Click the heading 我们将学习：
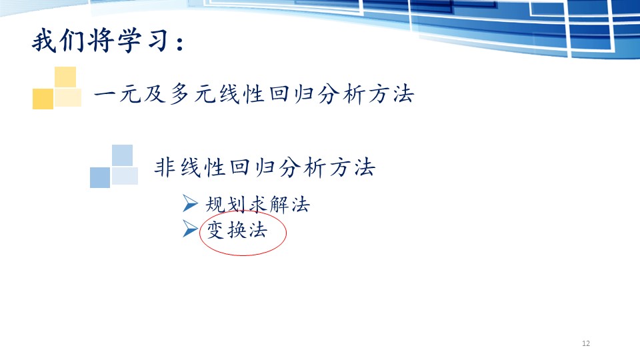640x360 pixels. tap(109, 41)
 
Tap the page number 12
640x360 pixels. tap(586, 343)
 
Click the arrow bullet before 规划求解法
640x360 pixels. tap(190, 203)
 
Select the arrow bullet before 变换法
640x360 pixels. tap(190, 229)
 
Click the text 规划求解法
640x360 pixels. tap(257, 205)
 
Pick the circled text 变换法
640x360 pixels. tap(237, 230)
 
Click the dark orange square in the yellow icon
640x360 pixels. tap(43, 99)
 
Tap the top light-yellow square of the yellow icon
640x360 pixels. tap(65, 77)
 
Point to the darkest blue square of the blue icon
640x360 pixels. tap(100, 177)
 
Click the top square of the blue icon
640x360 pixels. tap(123, 155)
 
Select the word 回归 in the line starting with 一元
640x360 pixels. tap(291, 94)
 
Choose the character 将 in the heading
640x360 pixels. tap(101, 41)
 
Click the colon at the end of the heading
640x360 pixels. tap(179, 43)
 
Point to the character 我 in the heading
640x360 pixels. tap(44, 41)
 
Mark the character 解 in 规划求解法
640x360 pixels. tap(279, 205)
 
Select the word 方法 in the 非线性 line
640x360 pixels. tap(352, 167)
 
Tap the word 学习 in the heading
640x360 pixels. tap(143, 41)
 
